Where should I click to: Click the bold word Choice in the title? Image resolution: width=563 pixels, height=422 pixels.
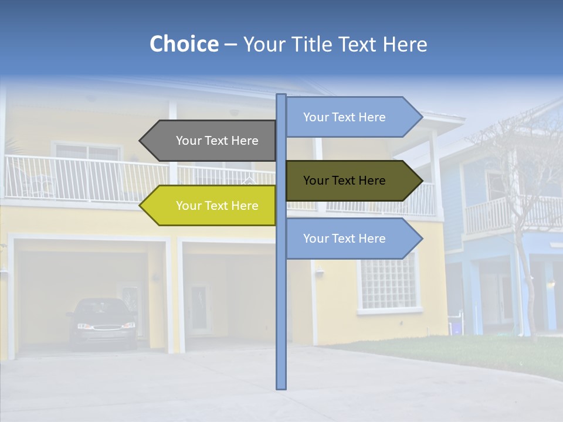point(184,45)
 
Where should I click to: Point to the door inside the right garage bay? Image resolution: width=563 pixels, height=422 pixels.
point(200,308)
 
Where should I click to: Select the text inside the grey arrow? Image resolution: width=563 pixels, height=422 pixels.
point(217,141)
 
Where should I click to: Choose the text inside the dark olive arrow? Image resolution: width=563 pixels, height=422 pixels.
point(344,181)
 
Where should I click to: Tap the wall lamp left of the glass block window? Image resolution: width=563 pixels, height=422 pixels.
point(319,271)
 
